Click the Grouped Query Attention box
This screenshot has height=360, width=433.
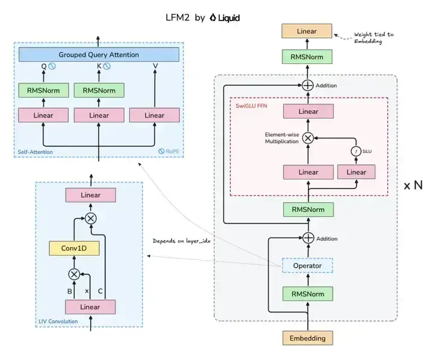coord(99,55)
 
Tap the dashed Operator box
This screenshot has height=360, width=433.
coord(307,265)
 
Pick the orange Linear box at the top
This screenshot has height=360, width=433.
coord(307,31)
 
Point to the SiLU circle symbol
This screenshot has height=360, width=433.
coord(355,151)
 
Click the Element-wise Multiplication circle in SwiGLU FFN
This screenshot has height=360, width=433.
coord(308,138)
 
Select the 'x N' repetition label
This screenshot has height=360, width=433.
coord(413,185)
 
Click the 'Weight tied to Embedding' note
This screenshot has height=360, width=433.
coord(373,38)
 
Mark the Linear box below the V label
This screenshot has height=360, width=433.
coord(155,115)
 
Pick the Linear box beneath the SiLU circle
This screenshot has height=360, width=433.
coord(356,172)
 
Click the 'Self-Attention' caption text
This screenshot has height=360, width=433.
coord(35,152)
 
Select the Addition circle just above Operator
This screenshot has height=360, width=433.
coord(308,238)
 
